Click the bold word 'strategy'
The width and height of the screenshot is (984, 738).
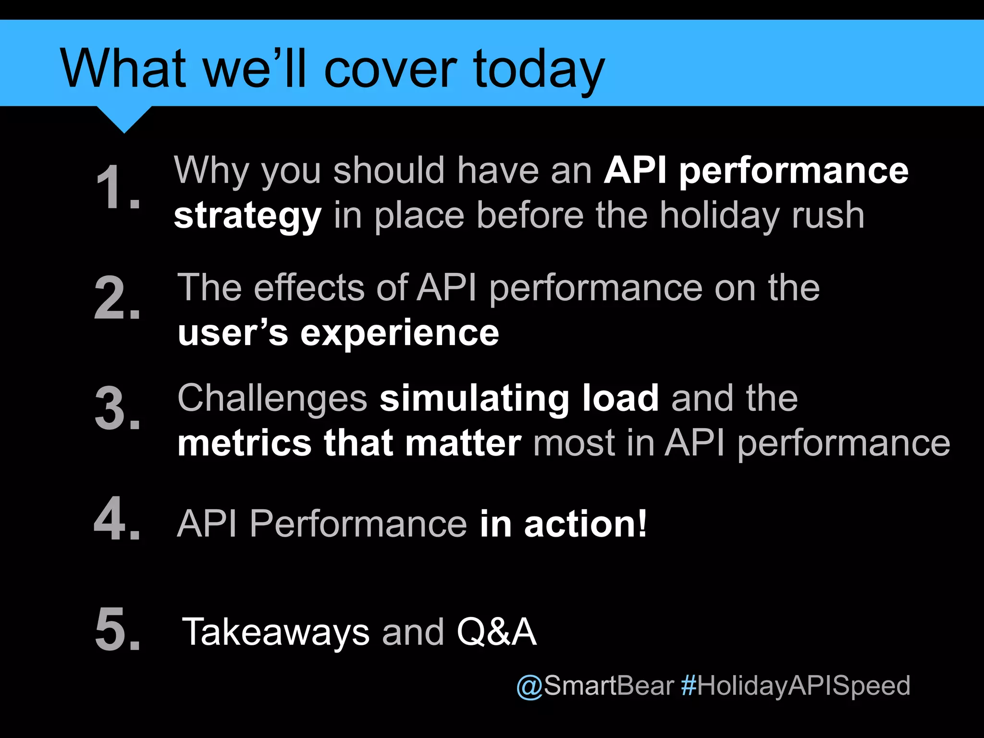click(247, 217)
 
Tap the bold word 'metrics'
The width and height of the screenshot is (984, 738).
click(245, 443)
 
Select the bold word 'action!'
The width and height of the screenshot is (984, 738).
click(586, 524)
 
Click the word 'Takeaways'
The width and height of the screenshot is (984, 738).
click(276, 632)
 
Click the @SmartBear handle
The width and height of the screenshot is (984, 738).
click(595, 686)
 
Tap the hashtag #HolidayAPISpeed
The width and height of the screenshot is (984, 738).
click(796, 686)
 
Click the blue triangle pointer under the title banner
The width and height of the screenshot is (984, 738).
click(124, 118)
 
